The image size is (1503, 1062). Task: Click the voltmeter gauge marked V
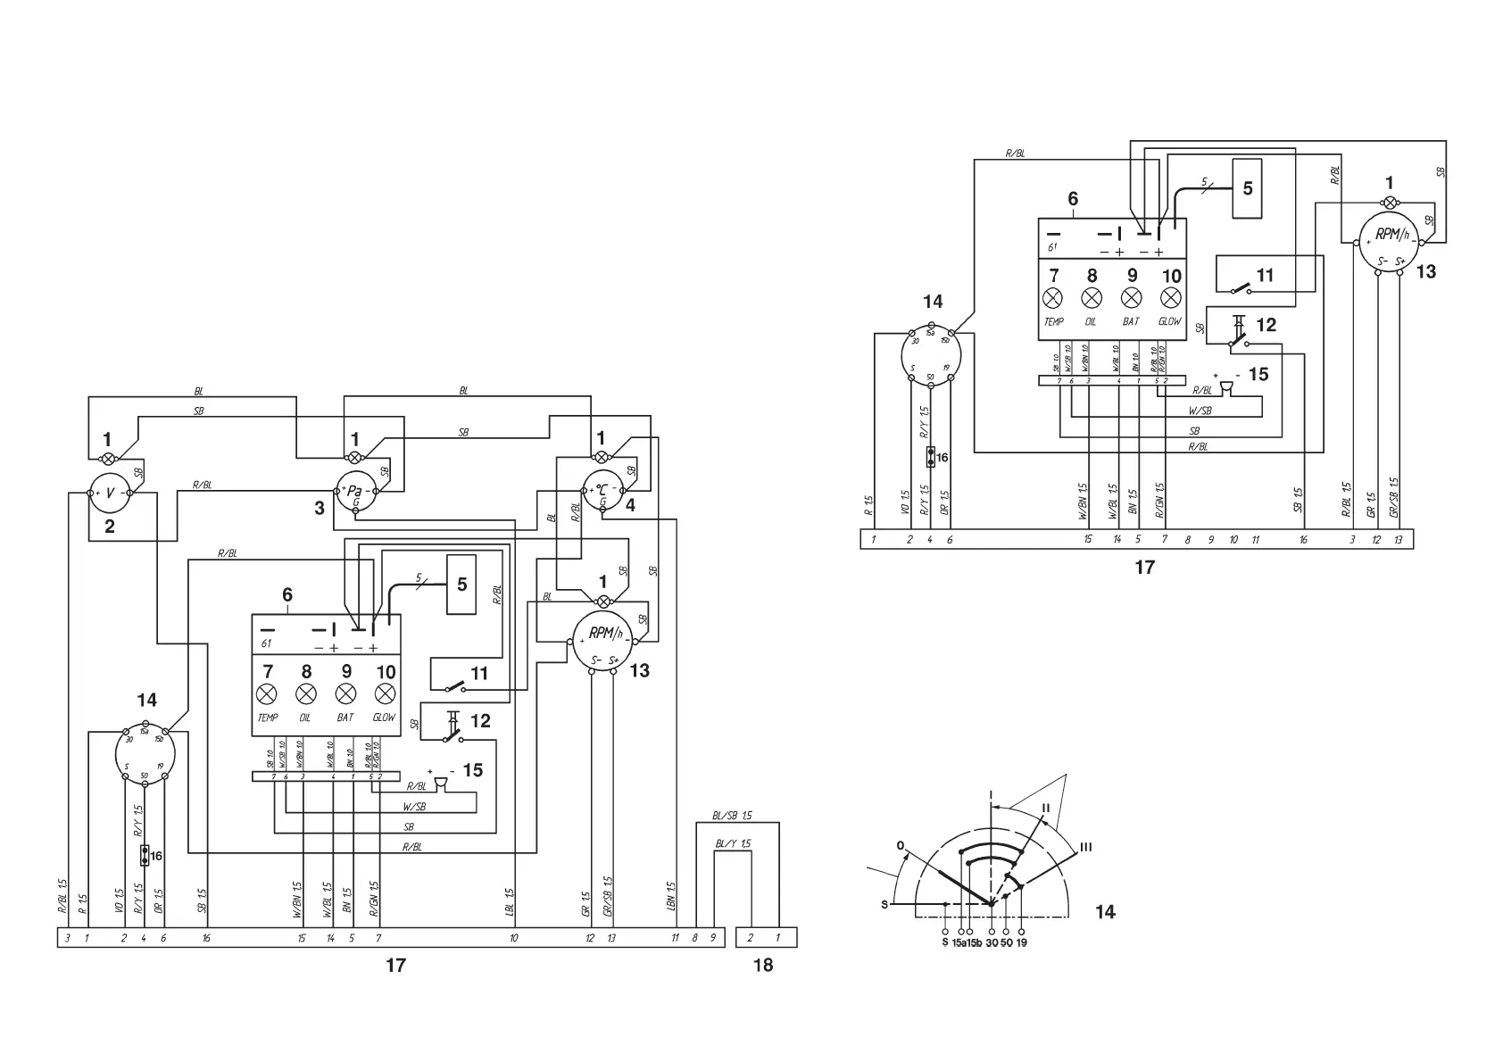[109, 493]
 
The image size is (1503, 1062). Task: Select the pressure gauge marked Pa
[355, 491]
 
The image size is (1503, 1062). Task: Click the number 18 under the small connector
[762, 965]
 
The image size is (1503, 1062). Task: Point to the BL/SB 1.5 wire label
[733, 816]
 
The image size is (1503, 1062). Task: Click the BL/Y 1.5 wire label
[733, 843]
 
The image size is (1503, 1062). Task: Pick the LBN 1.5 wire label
[670, 893]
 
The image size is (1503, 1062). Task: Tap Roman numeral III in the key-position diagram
[1086, 847]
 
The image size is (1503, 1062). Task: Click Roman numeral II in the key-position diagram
[1044, 808]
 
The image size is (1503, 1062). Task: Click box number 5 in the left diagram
[461, 585]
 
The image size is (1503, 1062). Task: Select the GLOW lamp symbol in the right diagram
[1171, 298]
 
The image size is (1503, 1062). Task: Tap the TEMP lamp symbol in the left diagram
[267, 694]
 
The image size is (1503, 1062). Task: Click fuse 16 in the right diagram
[931, 458]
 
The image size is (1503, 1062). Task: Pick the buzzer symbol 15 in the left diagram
[440, 784]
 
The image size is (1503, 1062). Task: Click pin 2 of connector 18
[751, 938]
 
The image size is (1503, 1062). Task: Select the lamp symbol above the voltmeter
[109, 459]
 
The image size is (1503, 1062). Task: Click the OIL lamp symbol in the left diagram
[306, 694]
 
